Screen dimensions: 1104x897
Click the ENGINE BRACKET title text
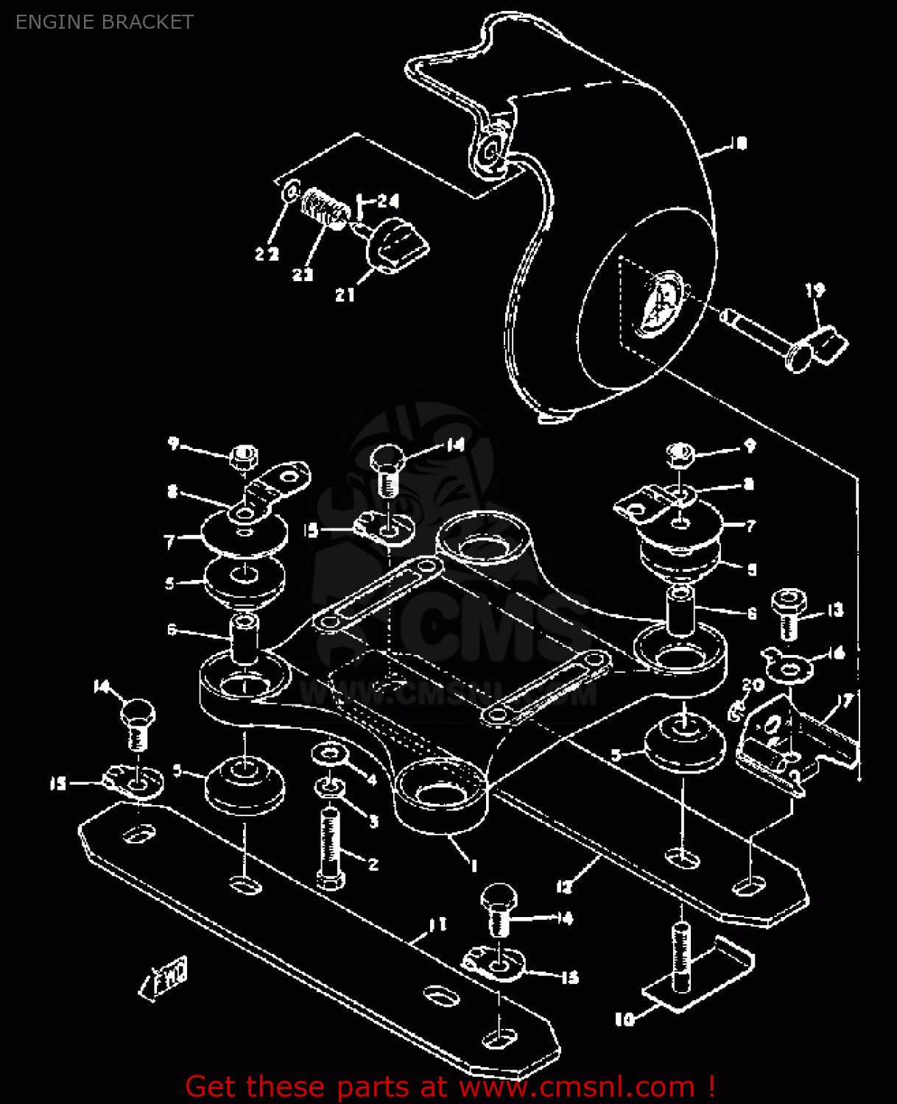click(104, 22)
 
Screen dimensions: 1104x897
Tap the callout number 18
click(739, 143)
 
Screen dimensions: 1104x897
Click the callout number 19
click(815, 291)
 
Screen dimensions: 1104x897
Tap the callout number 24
click(387, 201)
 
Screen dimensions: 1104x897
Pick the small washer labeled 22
click(291, 190)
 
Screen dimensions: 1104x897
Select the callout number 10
click(624, 1019)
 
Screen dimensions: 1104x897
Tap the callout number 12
click(563, 887)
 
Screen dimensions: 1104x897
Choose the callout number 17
click(845, 700)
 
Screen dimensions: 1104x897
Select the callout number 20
click(753, 684)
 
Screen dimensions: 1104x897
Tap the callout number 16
click(837, 653)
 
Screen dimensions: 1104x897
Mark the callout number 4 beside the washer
click(372, 779)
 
